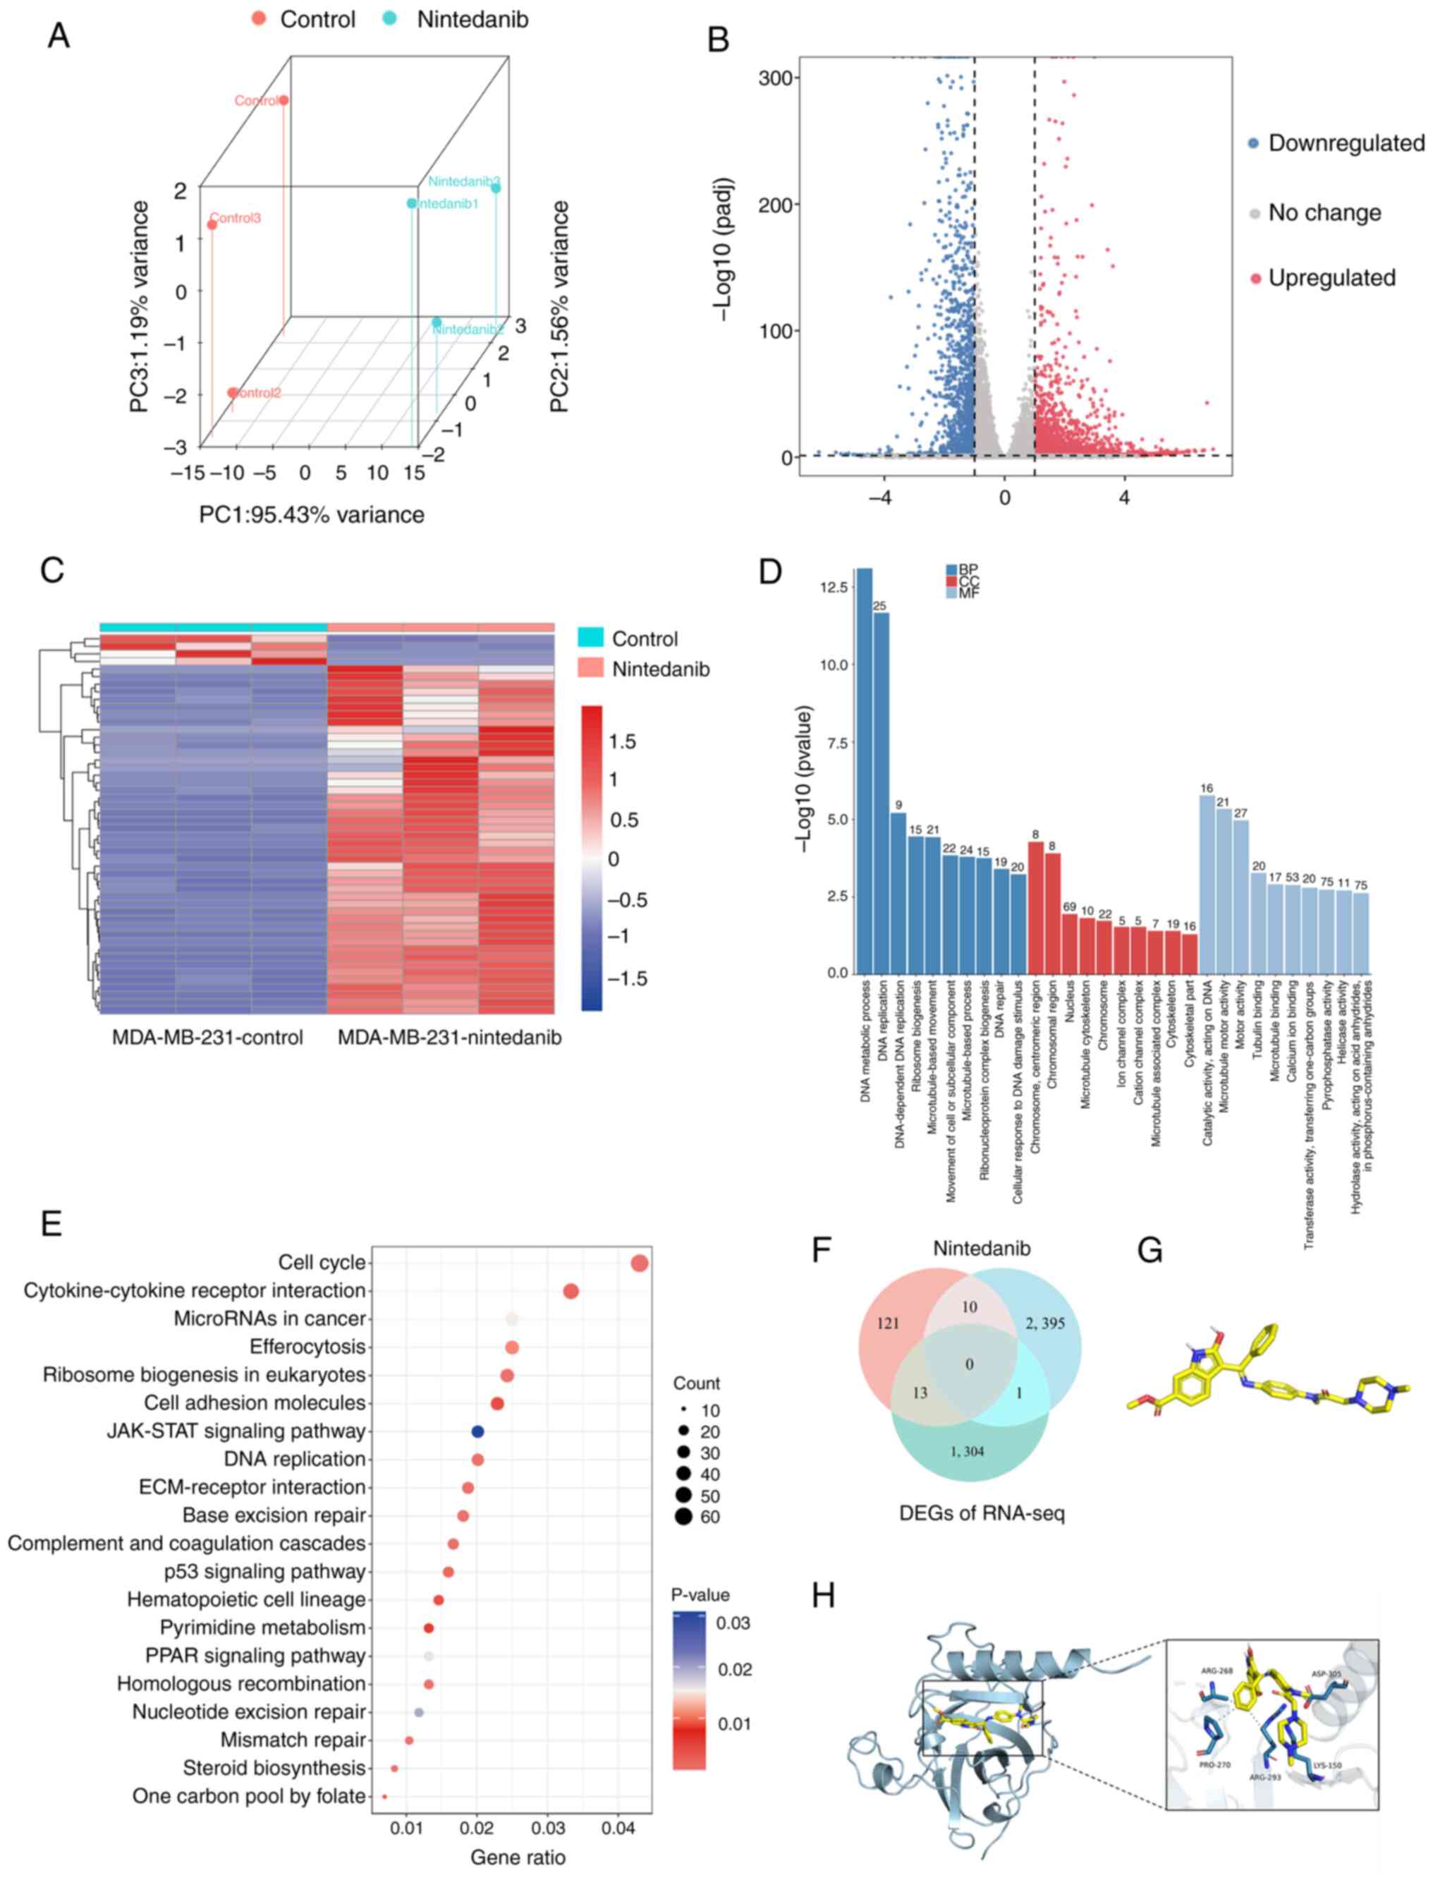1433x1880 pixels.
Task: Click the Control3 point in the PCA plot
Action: [212, 225]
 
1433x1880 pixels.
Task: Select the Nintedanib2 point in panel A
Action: [437, 322]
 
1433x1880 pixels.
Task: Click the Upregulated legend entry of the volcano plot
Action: [1331, 278]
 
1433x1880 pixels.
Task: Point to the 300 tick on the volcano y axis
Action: [779, 78]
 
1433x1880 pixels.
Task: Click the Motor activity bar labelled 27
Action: [1241, 896]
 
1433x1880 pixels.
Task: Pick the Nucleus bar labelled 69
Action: [1070, 942]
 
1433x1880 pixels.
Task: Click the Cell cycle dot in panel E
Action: [640, 1263]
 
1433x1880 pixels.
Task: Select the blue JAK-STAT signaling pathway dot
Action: [477, 1431]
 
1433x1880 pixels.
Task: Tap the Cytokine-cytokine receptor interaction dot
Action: [571, 1292]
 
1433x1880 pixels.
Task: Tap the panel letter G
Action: [1150, 1251]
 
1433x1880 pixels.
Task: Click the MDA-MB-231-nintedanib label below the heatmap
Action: [449, 1038]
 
